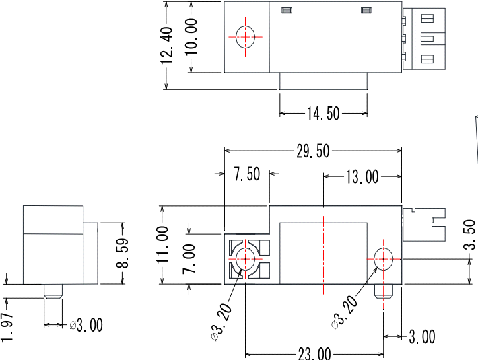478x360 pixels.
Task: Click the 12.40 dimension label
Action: point(166,45)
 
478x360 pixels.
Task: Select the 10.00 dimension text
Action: point(191,36)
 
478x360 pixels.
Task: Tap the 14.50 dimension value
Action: point(323,114)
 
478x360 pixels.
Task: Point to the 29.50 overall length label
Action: point(313,151)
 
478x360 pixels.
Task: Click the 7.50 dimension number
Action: point(247,174)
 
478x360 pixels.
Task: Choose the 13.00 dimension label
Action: point(362,177)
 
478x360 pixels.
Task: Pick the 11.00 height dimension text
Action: point(162,245)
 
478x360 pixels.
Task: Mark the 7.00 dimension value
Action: point(189,259)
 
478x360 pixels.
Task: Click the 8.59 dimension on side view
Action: point(123,254)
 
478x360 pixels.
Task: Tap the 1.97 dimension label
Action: point(7,327)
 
